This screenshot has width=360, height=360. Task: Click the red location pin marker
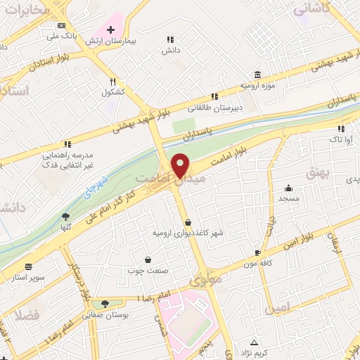tap(180, 165)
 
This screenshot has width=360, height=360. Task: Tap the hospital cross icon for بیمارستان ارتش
tap(110, 30)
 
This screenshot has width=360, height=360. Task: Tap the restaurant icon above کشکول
tap(112, 82)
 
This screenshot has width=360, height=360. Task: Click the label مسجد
tap(288, 199)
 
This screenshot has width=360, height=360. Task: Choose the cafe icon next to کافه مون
tap(257, 252)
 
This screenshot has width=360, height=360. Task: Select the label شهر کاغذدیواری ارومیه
tap(181, 232)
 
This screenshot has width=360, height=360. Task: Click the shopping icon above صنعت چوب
tap(148, 259)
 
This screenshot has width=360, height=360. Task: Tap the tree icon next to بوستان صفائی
tap(105, 304)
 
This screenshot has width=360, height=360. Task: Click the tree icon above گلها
tap(66, 217)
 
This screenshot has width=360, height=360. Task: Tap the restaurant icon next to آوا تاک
tap(341, 129)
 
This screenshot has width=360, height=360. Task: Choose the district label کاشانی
tap(309, 9)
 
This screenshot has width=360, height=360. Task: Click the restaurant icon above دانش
tap(169, 40)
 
